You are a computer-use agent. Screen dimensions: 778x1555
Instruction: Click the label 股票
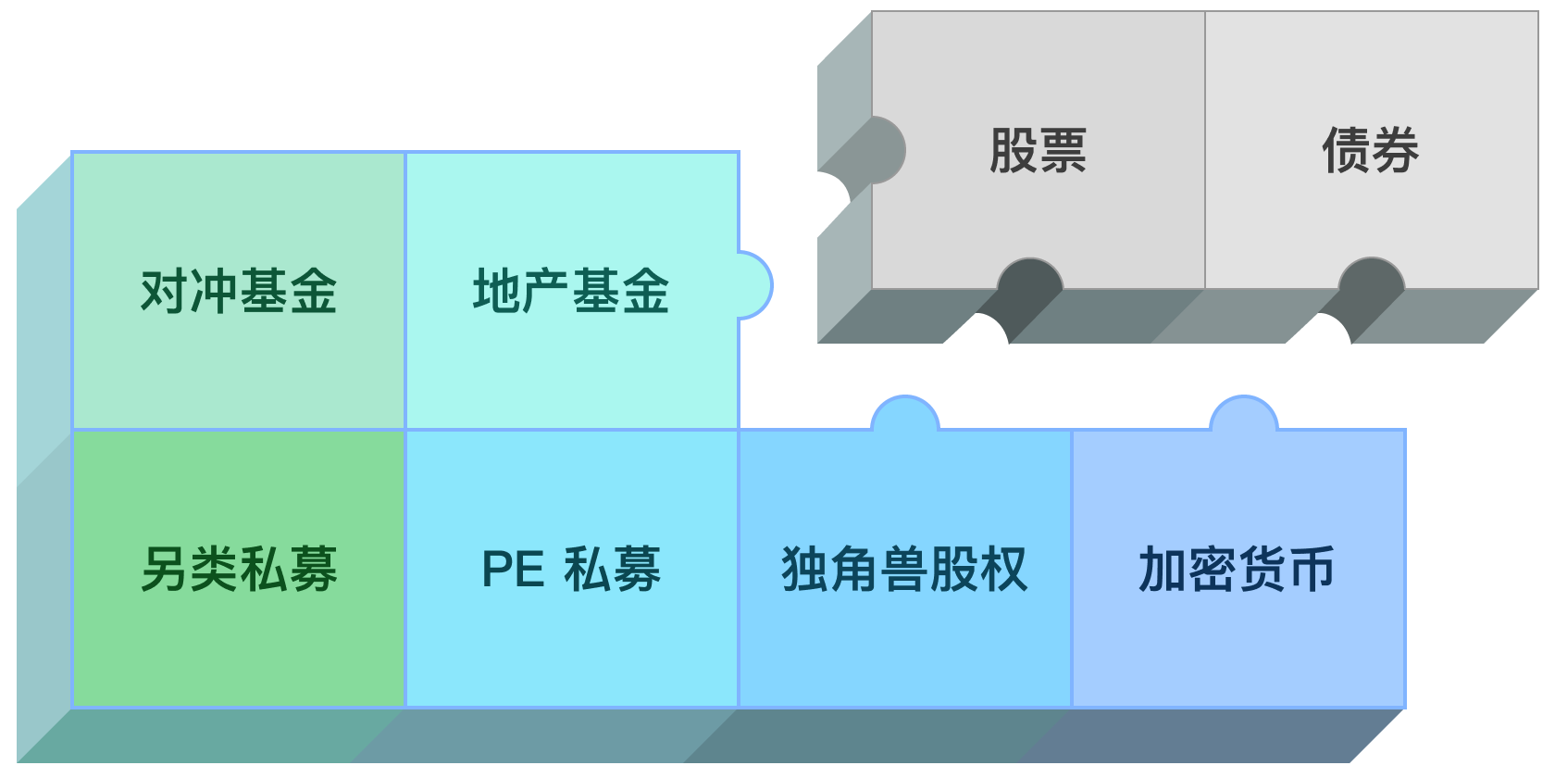[1038, 151]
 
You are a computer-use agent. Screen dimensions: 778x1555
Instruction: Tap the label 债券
[1370, 151]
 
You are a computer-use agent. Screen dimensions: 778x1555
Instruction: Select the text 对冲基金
[238, 291]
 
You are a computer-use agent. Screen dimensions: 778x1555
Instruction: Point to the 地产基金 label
[570, 291]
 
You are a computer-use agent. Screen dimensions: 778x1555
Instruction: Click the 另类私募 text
[238, 569]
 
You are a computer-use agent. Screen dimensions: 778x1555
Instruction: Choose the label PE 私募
[570, 569]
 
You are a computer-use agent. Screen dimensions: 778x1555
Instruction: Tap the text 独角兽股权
[904, 569]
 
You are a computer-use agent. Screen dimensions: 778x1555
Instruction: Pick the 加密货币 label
[1237, 569]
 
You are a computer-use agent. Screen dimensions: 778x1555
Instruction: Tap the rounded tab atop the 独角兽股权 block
[905, 415]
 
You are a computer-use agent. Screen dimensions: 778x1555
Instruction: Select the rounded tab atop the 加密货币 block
[1243, 415]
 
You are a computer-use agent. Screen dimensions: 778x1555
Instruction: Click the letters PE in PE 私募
[513, 569]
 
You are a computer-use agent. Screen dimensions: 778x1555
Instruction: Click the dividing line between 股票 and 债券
[1204, 150]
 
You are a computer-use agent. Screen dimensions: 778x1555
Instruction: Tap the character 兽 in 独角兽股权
[904, 569]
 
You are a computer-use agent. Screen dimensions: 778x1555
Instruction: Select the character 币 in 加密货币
[1311, 569]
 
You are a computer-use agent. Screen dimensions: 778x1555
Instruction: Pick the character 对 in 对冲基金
[164, 291]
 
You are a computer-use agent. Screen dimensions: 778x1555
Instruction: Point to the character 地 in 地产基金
[496, 291]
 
